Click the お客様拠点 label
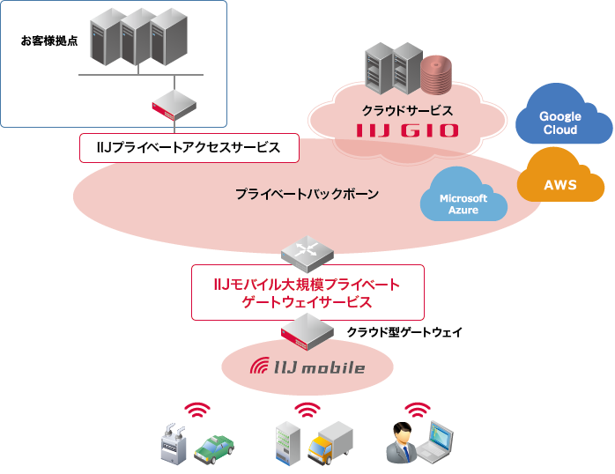coord(49,41)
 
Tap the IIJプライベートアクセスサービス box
coord(189,148)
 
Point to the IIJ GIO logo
coord(408,131)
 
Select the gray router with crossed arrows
coord(307,249)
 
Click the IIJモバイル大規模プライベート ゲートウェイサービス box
coord(307,293)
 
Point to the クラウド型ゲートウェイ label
coord(404,332)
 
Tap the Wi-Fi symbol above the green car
coord(197,410)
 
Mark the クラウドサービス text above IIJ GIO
coord(407,111)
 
